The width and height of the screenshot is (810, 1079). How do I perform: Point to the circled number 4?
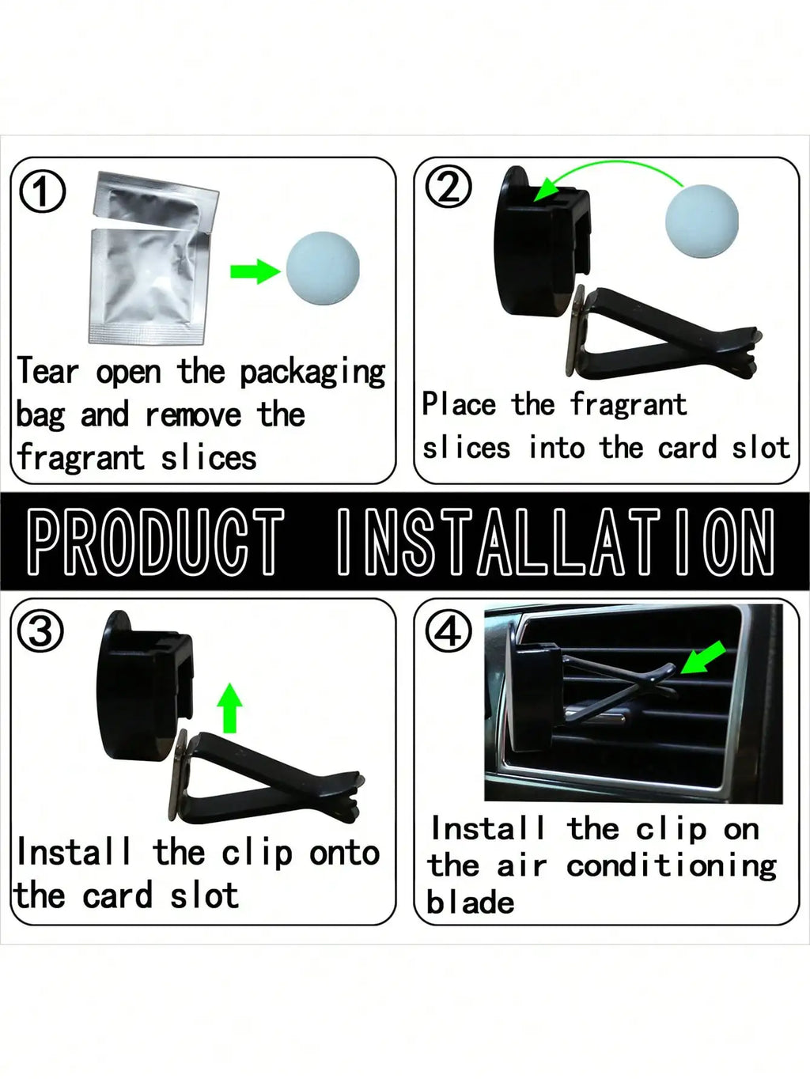(x=449, y=629)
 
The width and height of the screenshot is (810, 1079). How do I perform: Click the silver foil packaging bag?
(x=153, y=256)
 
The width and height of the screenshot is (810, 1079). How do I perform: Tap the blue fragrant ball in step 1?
(x=323, y=268)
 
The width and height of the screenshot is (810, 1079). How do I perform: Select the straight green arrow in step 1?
(x=255, y=271)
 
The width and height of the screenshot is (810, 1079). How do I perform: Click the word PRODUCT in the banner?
(x=156, y=542)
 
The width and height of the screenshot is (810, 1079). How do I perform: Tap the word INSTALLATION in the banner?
(x=556, y=542)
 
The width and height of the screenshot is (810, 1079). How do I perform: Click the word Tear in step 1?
(x=47, y=371)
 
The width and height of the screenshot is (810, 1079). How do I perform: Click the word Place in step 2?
(x=459, y=404)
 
